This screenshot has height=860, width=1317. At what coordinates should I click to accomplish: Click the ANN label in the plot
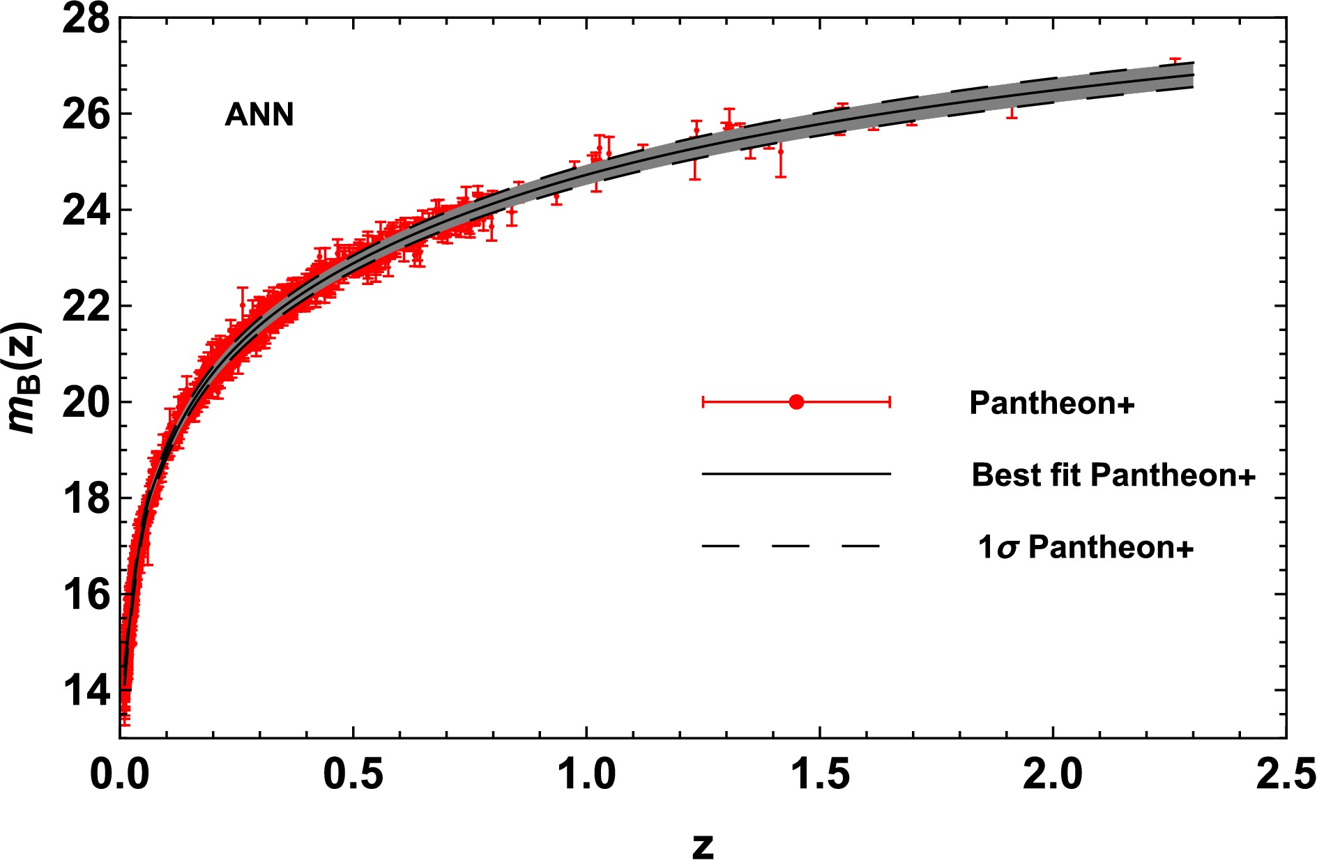(x=259, y=114)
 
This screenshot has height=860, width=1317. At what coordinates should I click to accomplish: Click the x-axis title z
(x=703, y=845)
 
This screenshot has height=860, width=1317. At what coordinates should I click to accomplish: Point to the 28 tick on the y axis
(x=86, y=19)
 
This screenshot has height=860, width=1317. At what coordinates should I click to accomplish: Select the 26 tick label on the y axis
(x=86, y=114)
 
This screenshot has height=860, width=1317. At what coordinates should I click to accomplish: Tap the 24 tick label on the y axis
(x=86, y=210)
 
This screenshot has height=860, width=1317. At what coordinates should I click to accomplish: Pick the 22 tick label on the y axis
(x=86, y=307)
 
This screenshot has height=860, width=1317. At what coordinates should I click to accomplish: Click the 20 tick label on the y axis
(x=86, y=403)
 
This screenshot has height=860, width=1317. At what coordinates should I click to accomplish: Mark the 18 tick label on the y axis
(x=86, y=499)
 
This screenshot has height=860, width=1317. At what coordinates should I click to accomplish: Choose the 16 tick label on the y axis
(x=86, y=595)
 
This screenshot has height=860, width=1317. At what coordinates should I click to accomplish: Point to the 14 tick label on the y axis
(x=86, y=691)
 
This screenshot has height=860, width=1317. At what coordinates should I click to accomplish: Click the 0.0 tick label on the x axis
(x=120, y=774)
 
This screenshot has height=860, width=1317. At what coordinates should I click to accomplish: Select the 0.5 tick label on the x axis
(x=353, y=774)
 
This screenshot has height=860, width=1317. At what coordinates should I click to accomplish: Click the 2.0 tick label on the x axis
(x=1053, y=774)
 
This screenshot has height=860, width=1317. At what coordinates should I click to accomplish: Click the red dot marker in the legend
(x=796, y=402)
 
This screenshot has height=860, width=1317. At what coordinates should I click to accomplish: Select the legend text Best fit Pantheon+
(x=1113, y=475)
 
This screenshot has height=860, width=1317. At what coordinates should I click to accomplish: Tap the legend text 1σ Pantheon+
(x=1086, y=548)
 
